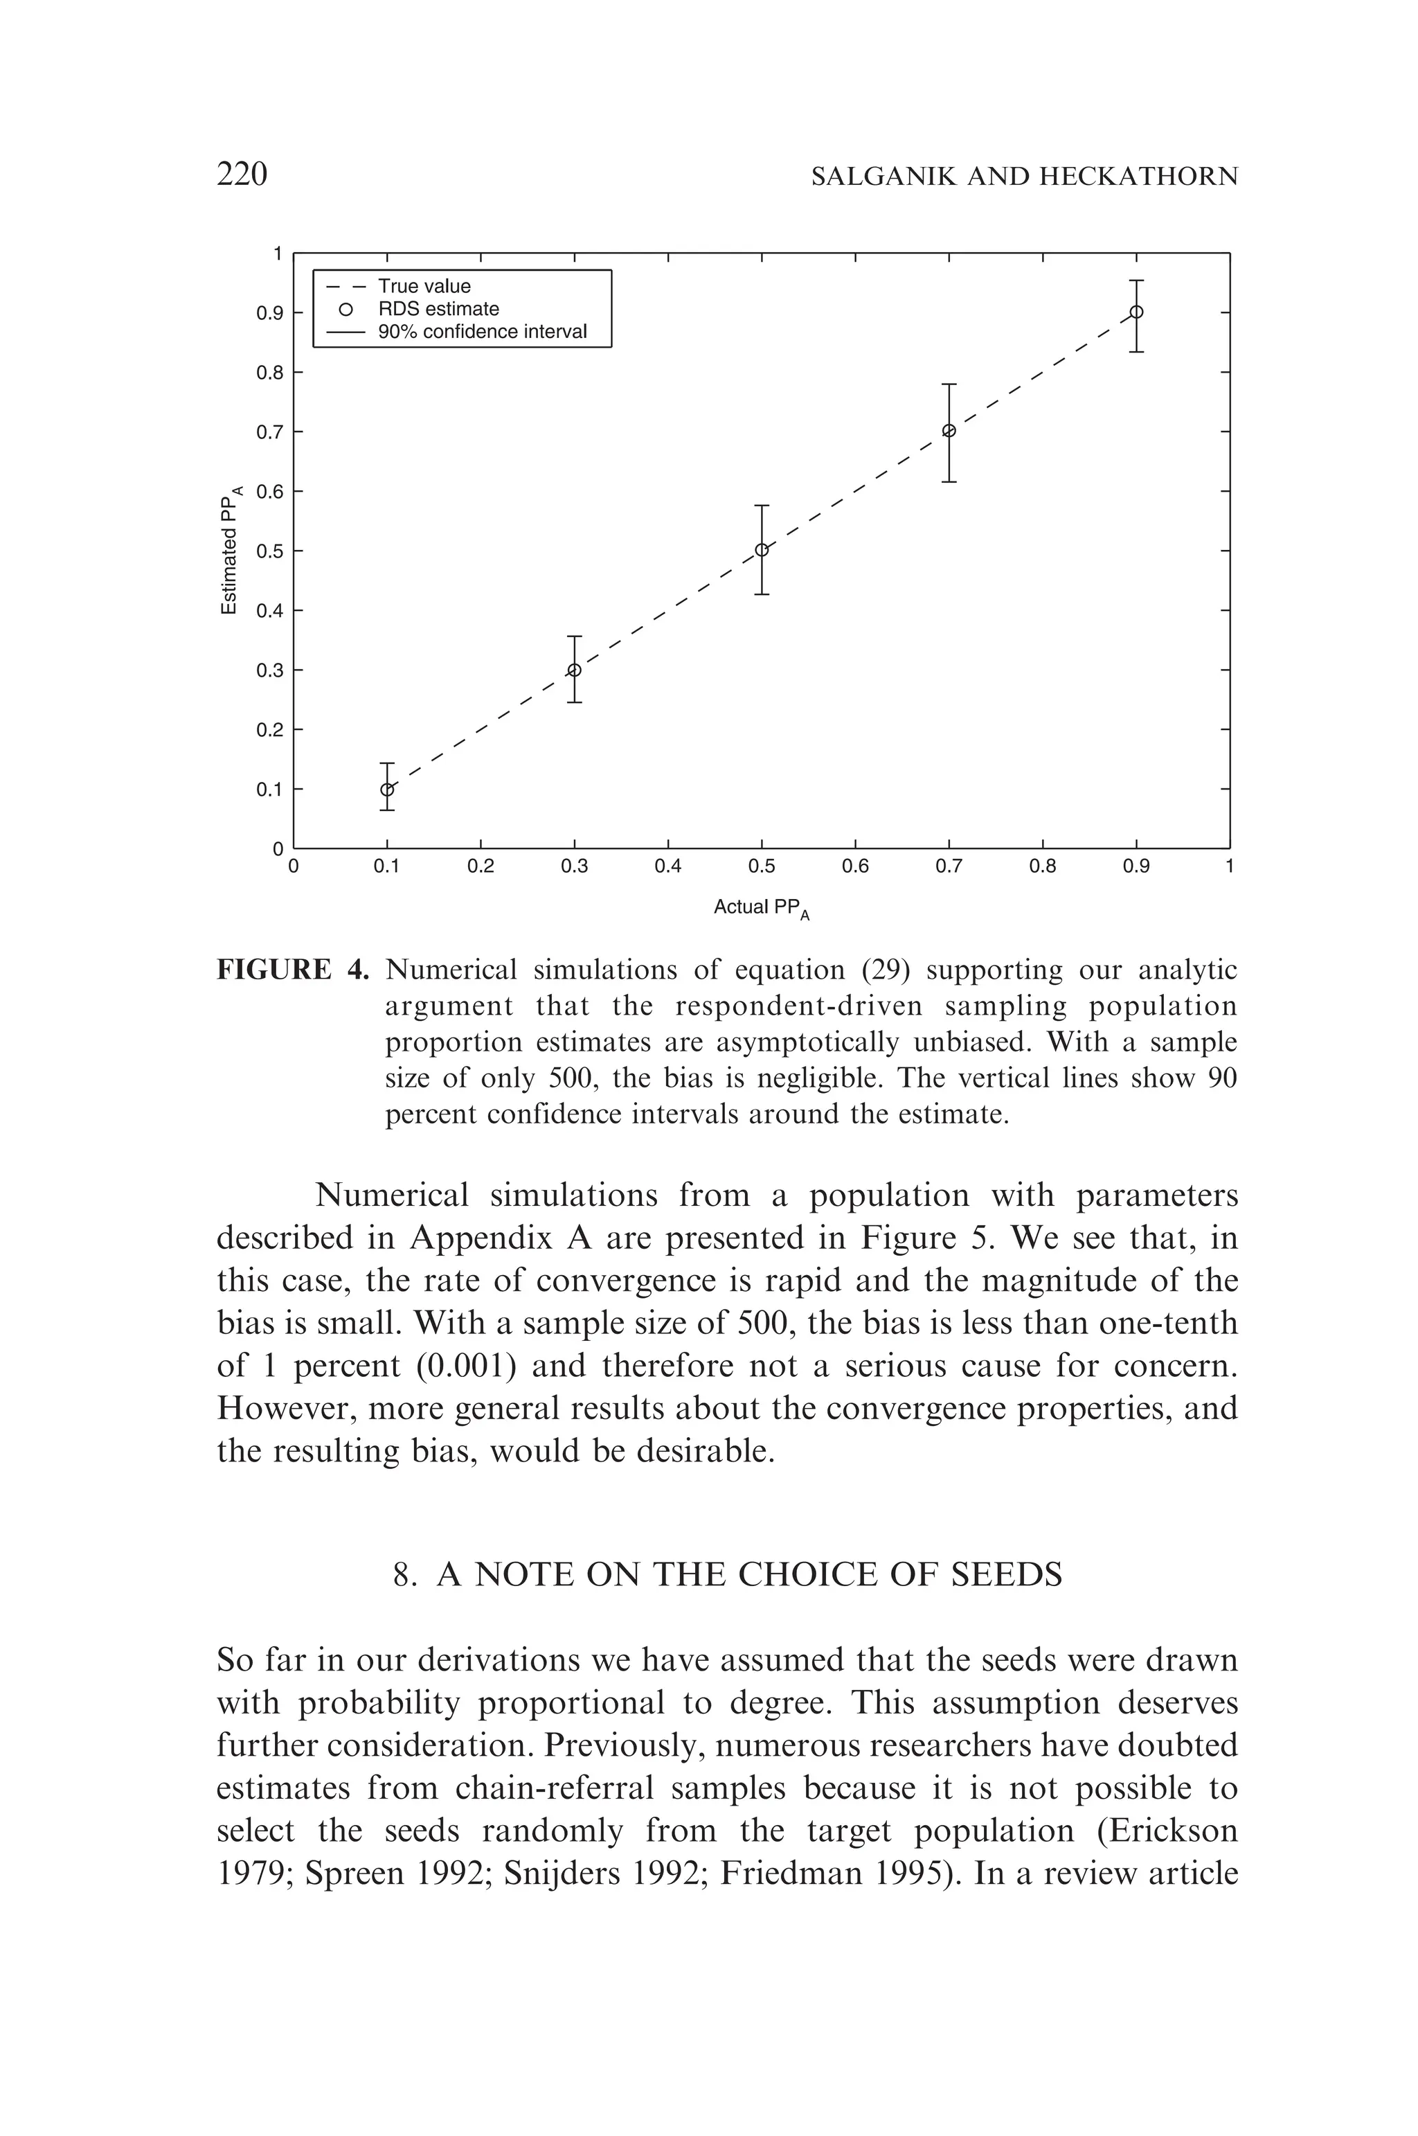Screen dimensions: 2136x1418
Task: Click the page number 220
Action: click(x=242, y=174)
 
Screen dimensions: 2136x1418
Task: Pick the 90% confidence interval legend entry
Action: click(x=482, y=332)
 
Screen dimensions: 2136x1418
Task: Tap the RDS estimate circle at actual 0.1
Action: click(x=387, y=789)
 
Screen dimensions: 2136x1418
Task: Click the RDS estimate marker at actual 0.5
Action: click(x=762, y=550)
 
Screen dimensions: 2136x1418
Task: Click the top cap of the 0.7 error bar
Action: click(x=949, y=384)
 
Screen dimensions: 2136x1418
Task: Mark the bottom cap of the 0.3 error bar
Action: click(x=574, y=702)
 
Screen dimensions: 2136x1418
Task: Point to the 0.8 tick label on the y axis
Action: click(x=269, y=373)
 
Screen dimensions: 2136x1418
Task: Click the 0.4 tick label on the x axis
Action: click(x=667, y=866)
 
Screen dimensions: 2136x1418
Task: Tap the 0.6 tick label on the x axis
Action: click(x=854, y=866)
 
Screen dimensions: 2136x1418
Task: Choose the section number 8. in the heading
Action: click(x=404, y=1575)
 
